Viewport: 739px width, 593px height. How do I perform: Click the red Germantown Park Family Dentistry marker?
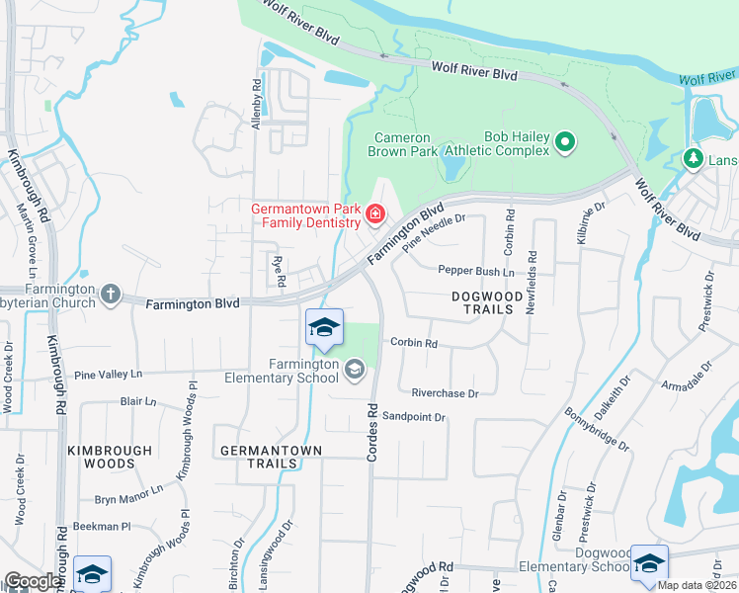click(374, 213)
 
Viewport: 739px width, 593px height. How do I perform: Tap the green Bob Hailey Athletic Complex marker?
click(565, 143)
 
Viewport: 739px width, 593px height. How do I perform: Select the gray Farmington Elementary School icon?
click(354, 370)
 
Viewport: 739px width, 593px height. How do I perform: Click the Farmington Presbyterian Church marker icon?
click(110, 295)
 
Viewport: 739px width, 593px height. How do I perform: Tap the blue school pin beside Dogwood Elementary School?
click(648, 563)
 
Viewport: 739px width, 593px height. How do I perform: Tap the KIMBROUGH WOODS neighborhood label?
click(110, 457)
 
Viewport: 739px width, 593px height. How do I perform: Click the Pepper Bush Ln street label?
click(475, 271)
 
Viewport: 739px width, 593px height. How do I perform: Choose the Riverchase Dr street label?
click(445, 392)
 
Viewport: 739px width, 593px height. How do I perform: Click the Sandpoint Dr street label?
click(414, 417)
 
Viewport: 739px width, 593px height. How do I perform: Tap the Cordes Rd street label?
click(373, 429)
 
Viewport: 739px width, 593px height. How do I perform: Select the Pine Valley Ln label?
click(109, 375)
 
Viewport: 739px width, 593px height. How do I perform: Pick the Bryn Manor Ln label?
click(128, 500)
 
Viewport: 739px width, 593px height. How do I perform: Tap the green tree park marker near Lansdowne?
click(694, 158)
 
